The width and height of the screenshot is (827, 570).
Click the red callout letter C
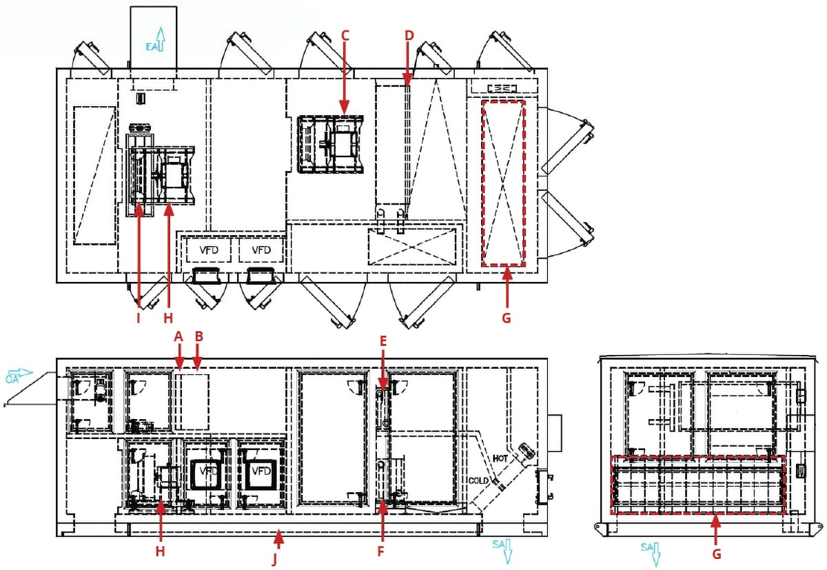346,35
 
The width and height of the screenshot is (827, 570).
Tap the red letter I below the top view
139,318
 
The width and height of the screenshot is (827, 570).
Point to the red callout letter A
179,336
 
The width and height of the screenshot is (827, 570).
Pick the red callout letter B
198,336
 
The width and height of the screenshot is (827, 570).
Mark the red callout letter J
276,559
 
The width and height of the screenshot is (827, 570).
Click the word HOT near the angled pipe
501,458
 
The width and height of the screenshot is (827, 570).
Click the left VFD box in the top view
208,250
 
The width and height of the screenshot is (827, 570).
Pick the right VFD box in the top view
261,250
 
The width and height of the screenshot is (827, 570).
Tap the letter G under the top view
507,318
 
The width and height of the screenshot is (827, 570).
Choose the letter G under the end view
716,553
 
